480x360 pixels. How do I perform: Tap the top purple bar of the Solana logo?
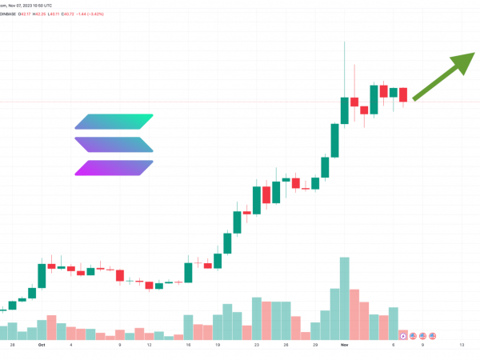[x=114, y=122]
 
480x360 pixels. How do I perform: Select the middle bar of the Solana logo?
[x=114, y=145]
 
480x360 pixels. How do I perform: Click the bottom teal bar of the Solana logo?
[x=114, y=168]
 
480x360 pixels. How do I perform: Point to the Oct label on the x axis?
[x=41, y=346]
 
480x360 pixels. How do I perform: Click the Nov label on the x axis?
[x=343, y=346]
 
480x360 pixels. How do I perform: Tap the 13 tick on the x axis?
[x=462, y=346]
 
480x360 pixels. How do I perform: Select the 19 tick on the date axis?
[x=217, y=346]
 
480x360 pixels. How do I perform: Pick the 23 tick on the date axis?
[x=257, y=346]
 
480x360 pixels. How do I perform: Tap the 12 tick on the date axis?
[x=150, y=346]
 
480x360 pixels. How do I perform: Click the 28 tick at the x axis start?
[x=12, y=346]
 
